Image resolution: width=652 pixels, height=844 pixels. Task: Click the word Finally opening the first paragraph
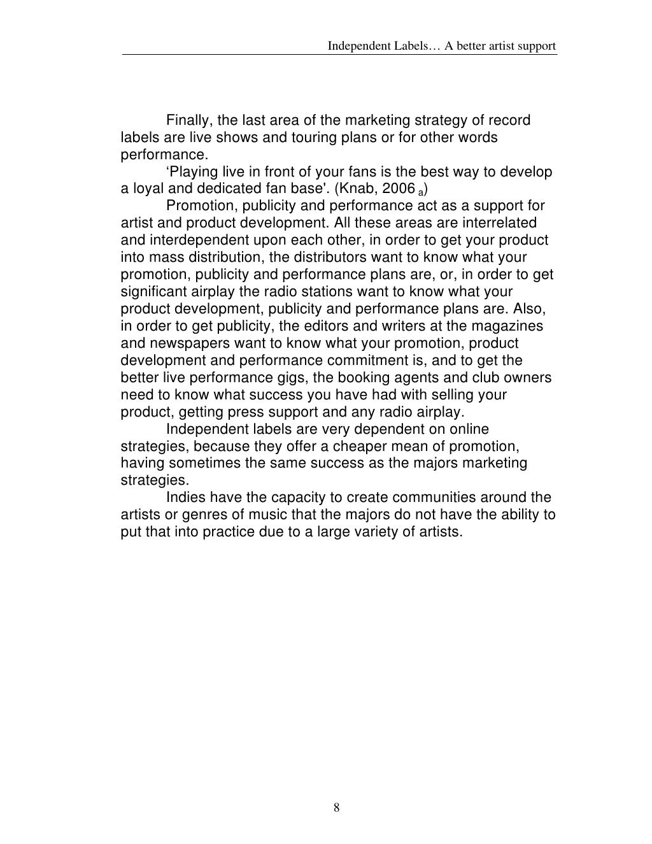189,120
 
